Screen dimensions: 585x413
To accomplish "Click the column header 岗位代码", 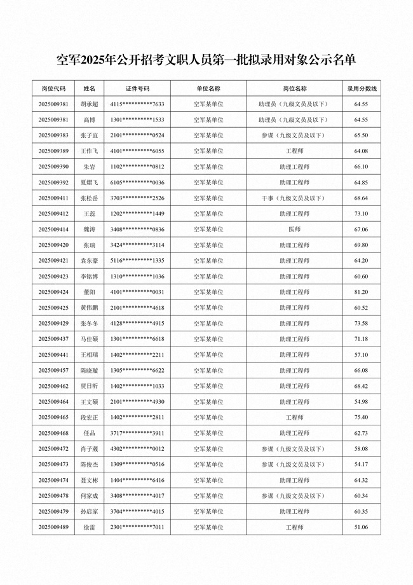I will tap(53, 88).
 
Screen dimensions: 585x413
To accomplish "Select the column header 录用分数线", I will tap(362, 88).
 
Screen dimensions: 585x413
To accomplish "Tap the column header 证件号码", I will tap(137, 88).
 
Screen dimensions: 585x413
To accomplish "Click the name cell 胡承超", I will tap(89, 104).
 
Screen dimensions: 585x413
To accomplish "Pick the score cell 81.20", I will tap(362, 292).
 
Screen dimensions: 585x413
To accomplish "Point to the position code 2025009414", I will tap(53, 230).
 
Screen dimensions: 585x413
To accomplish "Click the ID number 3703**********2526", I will tap(137, 198).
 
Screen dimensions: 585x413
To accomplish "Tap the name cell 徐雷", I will tap(89, 527).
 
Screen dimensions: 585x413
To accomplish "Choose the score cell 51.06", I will tap(362, 527).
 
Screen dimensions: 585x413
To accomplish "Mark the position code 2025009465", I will tap(53, 417).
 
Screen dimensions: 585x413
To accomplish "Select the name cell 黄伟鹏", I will tap(89, 308).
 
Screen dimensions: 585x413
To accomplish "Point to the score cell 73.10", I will tap(362, 214).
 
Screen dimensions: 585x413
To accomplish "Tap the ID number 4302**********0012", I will tap(137, 449).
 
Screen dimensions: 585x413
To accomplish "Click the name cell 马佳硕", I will tap(89, 339).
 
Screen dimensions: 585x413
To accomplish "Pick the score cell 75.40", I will tap(362, 417).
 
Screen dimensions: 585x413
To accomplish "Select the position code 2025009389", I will tap(53, 151).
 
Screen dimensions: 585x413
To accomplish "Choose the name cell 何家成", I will tap(89, 495).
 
